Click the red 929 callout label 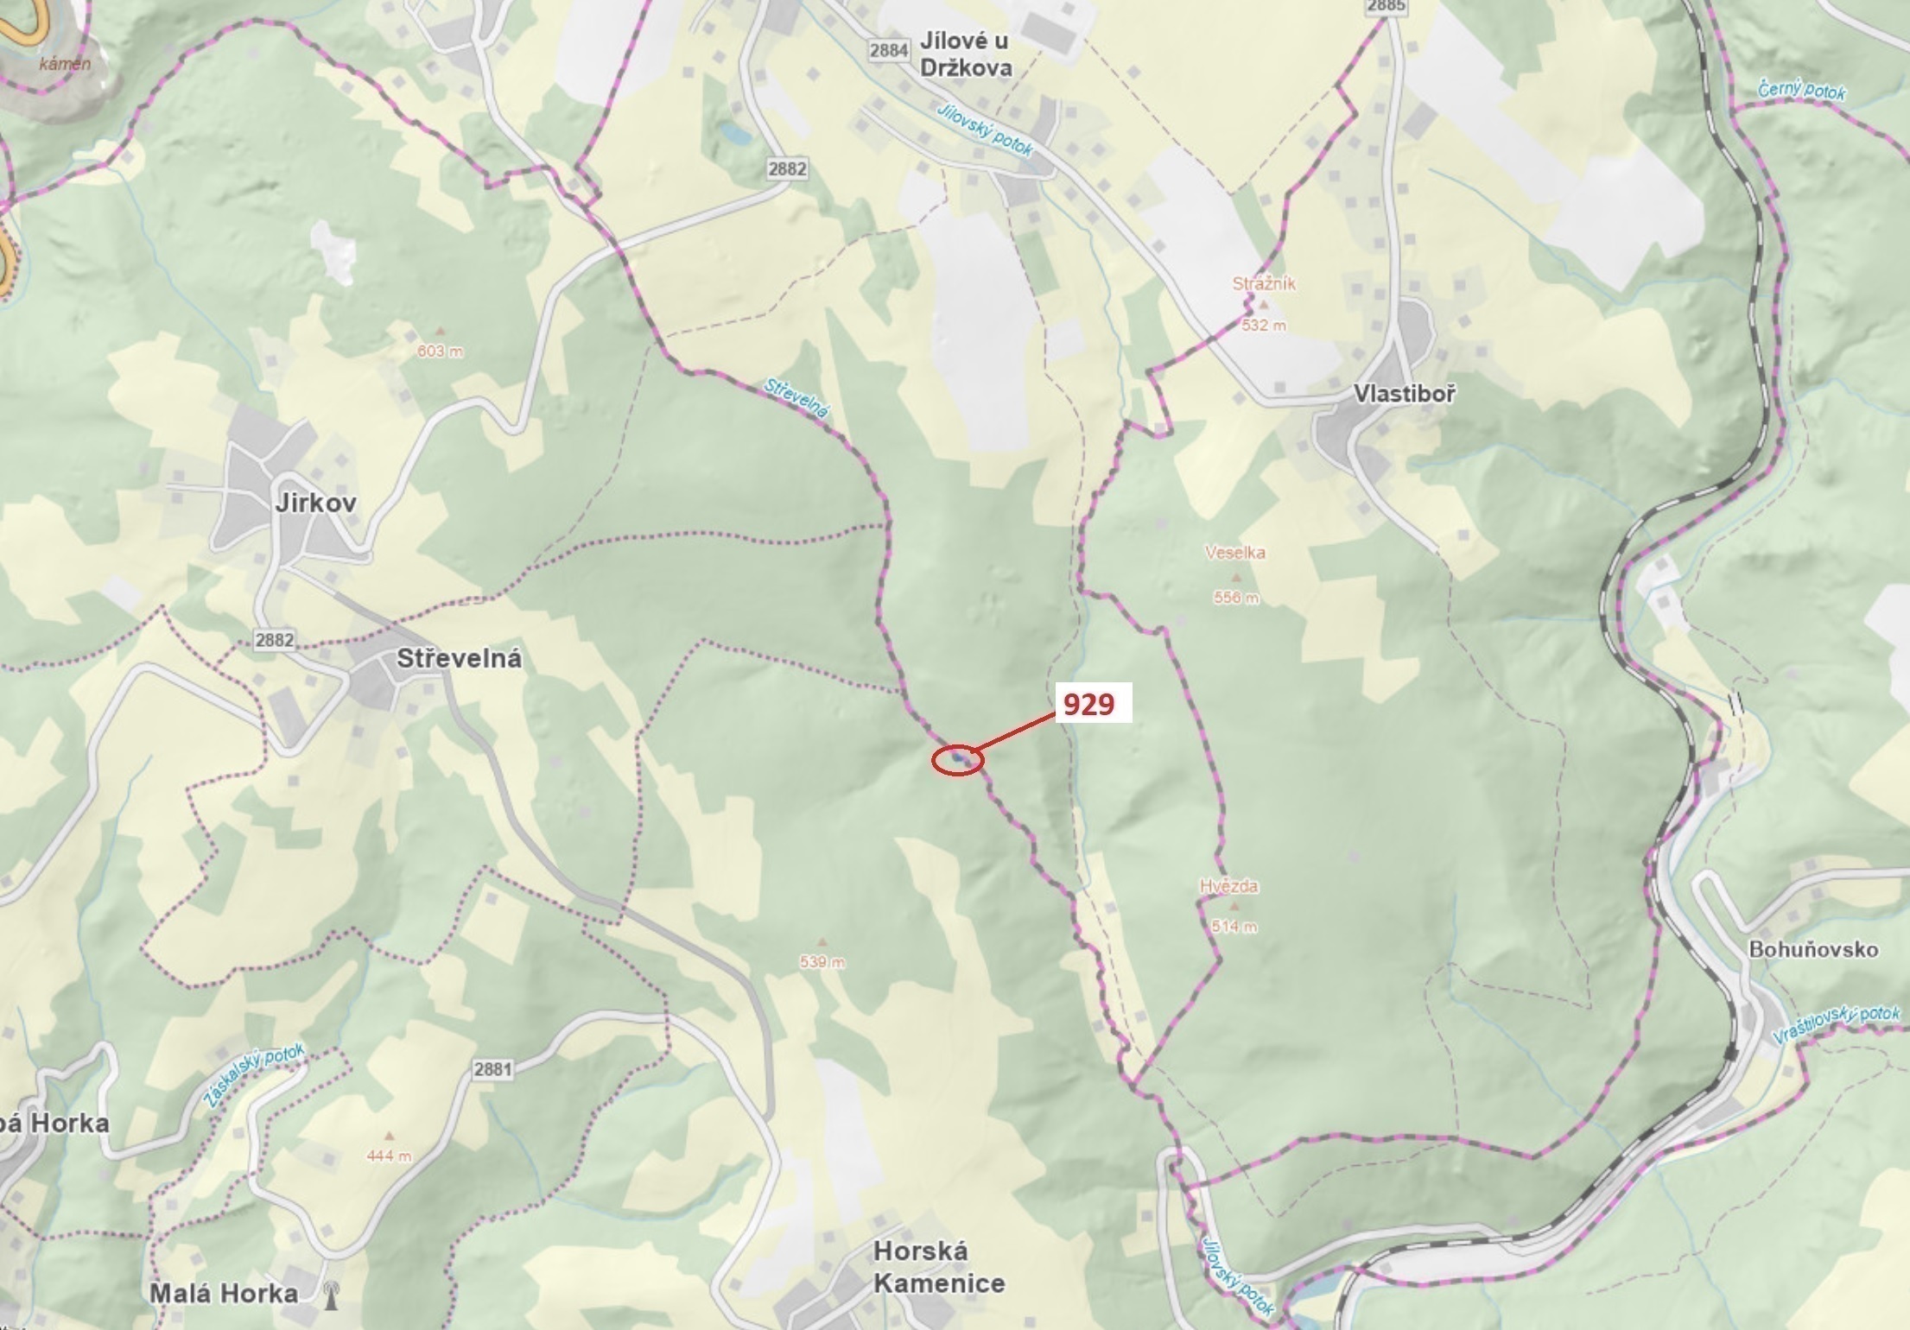[x=1088, y=704]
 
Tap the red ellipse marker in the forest [x=958, y=760]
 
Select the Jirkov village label [x=315, y=503]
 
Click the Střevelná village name [x=459, y=659]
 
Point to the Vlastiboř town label [x=1404, y=394]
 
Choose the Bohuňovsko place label [x=1813, y=949]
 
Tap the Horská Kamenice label [x=938, y=1266]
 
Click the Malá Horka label [x=224, y=1293]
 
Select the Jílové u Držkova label [x=965, y=54]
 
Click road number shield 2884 [x=888, y=50]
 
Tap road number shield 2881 [x=492, y=1069]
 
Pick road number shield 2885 [x=1386, y=6]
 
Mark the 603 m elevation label [x=440, y=351]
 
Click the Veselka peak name [x=1235, y=552]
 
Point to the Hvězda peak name [x=1228, y=885]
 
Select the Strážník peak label [x=1264, y=283]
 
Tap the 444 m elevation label [x=389, y=1156]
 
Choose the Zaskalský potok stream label [x=254, y=1075]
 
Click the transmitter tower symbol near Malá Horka [x=330, y=1295]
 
